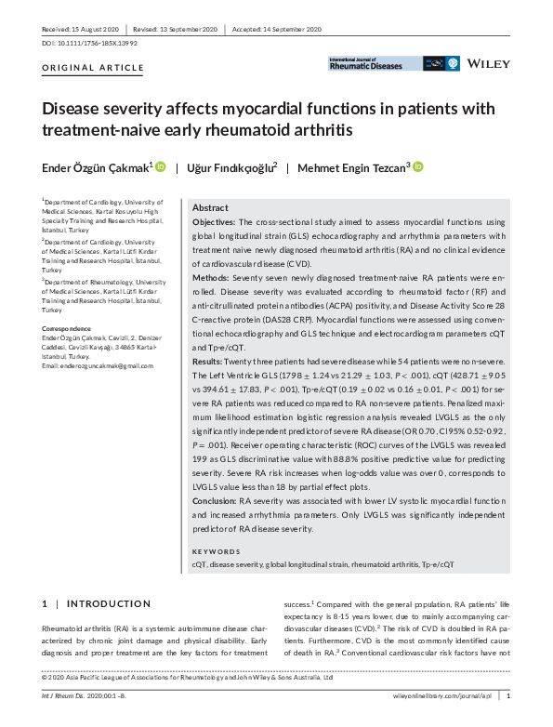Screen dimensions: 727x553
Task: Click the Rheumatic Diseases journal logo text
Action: pyautogui.click(x=366, y=66)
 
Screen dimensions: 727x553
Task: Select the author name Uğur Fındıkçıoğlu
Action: pyautogui.click(x=234, y=167)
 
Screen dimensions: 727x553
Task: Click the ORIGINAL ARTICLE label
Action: pyautogui.click(x=94, y=68)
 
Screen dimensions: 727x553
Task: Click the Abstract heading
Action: pyautogui.click(x=210, y=208)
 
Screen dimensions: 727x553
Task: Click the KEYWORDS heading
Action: pyautogui.click(x=216, y=551)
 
